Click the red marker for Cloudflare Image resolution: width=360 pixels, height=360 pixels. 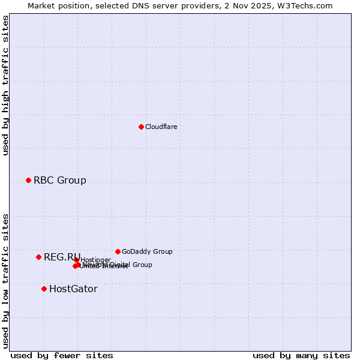[141, 127]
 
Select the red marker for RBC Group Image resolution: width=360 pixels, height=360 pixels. [28, 180]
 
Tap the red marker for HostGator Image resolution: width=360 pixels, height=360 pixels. [44, 289]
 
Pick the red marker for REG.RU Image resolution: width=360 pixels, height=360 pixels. [38, 257]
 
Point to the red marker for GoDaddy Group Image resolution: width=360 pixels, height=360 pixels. [118, 251]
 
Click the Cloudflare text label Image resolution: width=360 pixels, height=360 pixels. [161, 127]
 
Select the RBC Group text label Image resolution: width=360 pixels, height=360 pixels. [59, 180]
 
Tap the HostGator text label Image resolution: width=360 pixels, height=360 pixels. [73, 289]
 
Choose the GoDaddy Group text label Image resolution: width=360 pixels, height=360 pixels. [147, 251]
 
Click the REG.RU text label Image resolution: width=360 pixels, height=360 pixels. [62, 257]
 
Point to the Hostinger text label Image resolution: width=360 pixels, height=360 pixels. [95, 260]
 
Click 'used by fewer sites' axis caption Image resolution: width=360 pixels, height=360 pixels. [62, 355]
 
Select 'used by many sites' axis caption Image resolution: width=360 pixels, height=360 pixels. [301, 355]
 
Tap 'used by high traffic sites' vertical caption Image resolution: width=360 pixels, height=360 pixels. [5, 85]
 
